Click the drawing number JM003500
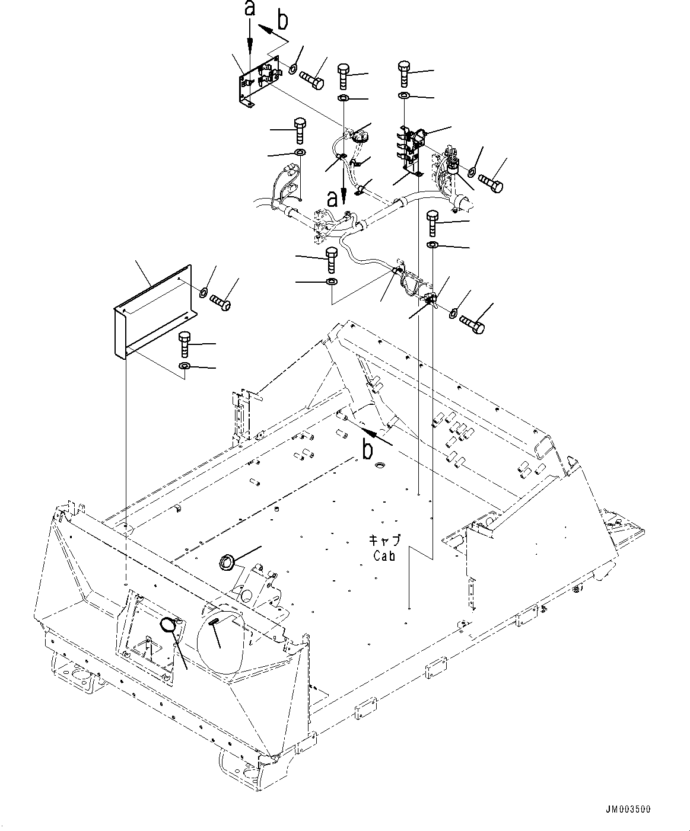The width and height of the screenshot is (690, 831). pos(628,808)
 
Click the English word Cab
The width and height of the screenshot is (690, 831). pos(386,556)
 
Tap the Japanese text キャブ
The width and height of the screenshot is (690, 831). pos(385,540)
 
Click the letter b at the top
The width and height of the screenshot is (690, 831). pos(283,21)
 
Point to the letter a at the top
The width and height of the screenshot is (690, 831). pos(250,8)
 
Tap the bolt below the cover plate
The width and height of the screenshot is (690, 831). pos(185,344)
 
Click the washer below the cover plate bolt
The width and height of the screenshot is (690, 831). pos(185,367)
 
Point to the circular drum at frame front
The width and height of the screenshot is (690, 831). pos(222,637)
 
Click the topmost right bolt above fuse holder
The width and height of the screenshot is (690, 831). pos(404,73)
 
